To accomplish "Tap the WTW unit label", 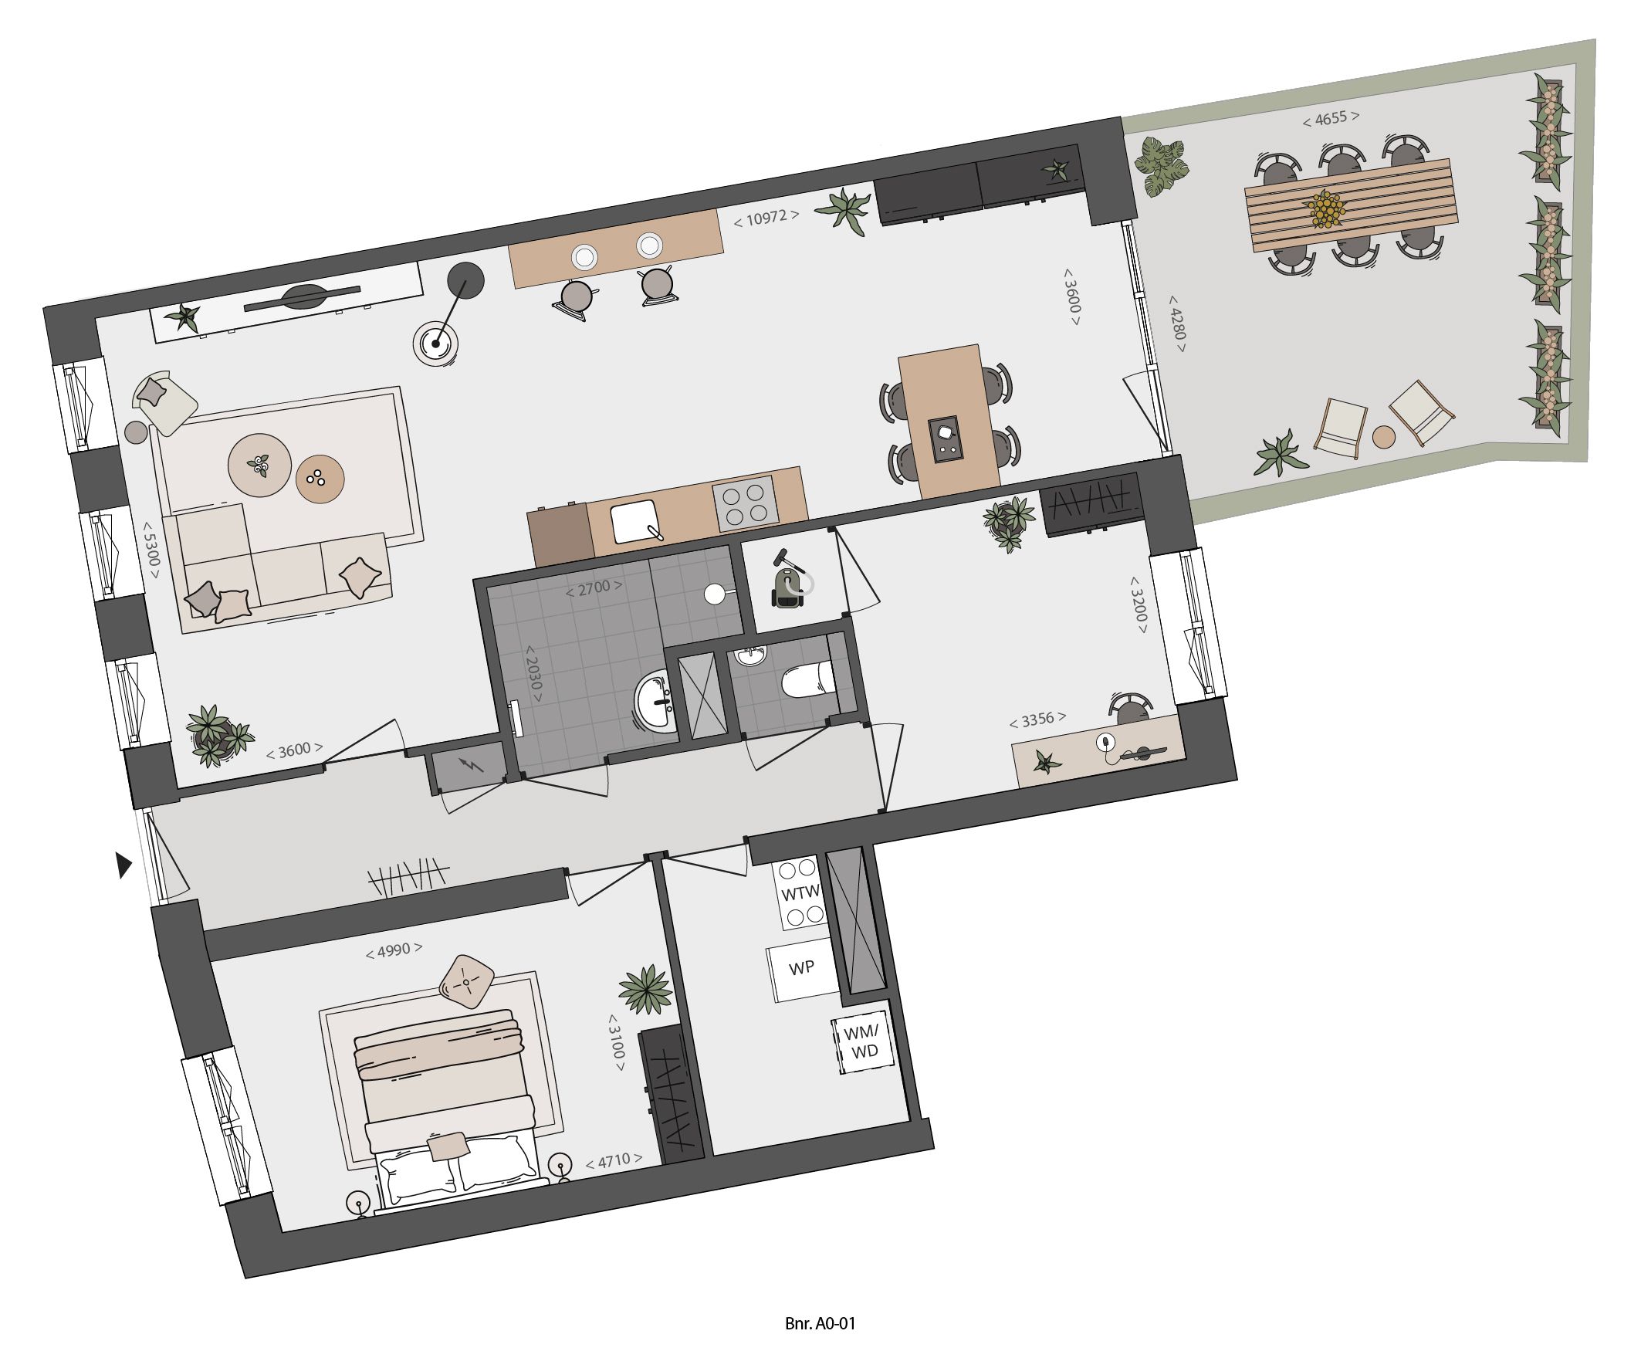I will coord(800,892).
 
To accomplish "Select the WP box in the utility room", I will coord(802,968).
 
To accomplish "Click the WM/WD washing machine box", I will coord(862,1042).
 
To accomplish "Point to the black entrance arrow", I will coord(123,865).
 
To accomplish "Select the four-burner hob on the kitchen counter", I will coord(744,503).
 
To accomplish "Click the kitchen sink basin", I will coord(634,522).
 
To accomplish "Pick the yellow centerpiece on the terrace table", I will coord(1326,208).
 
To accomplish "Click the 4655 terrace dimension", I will coord(1330,118).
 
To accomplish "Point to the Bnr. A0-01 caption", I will coord(820,1323).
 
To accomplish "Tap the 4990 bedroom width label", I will coord(394,950).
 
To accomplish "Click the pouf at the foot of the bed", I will coord(466,982).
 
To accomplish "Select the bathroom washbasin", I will coord(655,702).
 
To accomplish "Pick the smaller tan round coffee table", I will coord(320,479).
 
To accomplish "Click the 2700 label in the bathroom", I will coord(594,587).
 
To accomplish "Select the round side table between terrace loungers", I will coord(1383,437).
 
